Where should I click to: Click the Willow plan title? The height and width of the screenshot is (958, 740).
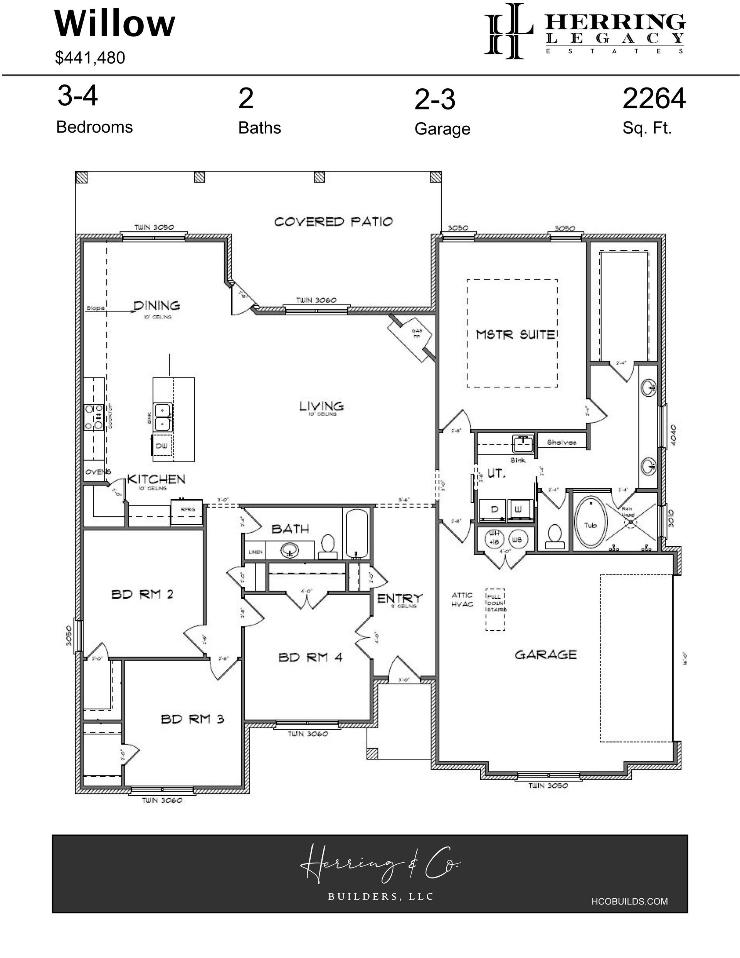[115, 24]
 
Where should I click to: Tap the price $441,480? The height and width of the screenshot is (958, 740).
[90, 58]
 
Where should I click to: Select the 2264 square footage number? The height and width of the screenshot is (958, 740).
[654, 98]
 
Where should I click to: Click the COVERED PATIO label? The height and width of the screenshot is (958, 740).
[333, 222]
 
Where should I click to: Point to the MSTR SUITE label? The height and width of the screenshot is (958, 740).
[515, 335]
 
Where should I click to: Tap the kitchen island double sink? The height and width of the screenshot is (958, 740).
[163, 417]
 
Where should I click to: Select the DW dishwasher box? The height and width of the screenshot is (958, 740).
[161, 446]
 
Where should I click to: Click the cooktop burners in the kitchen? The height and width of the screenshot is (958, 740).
[93, 417]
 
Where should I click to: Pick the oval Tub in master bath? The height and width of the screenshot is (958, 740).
[590, 522]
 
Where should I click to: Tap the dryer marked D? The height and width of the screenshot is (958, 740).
[494, 510]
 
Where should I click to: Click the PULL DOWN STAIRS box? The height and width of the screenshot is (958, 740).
[496, 609]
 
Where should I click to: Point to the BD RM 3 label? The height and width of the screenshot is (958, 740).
[192, 719]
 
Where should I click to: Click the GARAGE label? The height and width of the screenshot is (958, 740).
[545, 655]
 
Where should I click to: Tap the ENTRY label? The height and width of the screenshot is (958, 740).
[400, 598]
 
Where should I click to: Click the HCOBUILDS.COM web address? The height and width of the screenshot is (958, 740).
[629, 901]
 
